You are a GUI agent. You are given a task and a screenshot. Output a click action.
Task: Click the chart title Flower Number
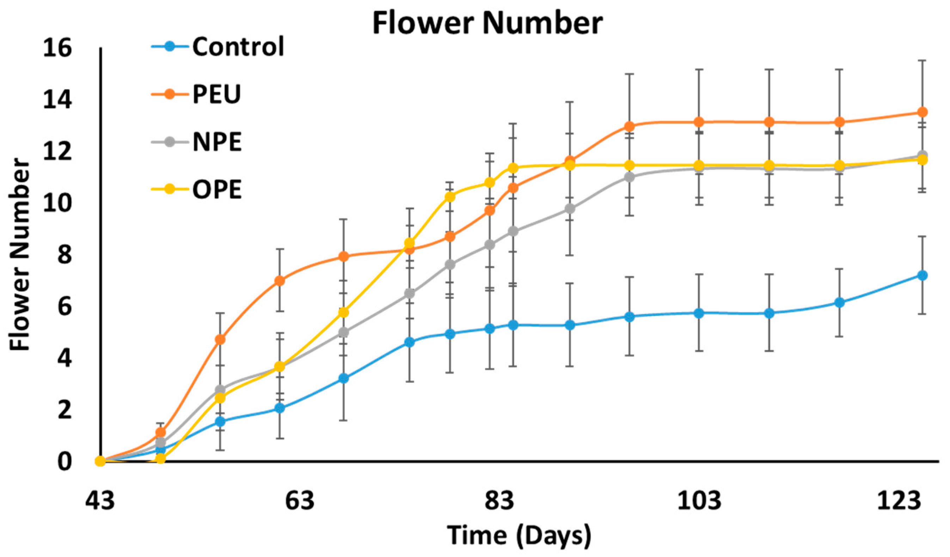click(488, 23)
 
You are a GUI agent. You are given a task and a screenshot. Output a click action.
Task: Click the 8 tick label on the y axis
click(64, 255)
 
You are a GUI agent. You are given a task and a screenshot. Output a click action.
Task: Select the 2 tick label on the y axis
click(64, 410)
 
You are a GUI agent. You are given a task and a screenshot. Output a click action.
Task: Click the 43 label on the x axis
click(99, 501)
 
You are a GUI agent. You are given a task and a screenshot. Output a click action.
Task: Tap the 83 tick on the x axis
click(499, 501)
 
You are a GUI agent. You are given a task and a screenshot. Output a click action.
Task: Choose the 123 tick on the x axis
click(899, 501)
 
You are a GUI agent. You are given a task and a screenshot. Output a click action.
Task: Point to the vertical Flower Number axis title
click(20, 255)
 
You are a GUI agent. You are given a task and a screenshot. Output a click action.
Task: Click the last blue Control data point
click(922, 276)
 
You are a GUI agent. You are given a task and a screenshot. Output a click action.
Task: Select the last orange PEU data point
click(922, 112)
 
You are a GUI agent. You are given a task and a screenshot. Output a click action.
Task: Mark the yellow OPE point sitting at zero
click(161, 459)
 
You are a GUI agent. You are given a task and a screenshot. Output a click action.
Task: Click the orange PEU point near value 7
click(279, 280)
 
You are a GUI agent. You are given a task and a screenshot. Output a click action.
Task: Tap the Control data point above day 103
click(699, 313)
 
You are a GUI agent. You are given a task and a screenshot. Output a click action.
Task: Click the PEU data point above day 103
click(699, 122)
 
